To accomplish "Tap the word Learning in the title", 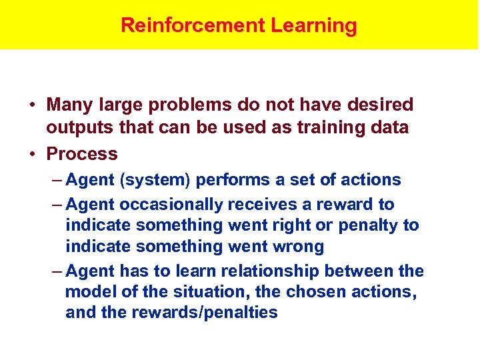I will point(314,26).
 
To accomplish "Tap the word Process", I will point(81,154).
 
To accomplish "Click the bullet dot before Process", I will point(31,154).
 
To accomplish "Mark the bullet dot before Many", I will point(31,105).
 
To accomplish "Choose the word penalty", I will point(369,225).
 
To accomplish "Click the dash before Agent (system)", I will point(57,180).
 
